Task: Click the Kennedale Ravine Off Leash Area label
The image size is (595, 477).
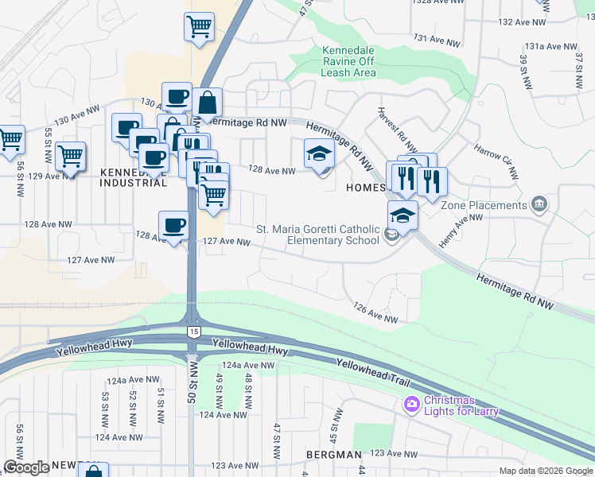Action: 348,61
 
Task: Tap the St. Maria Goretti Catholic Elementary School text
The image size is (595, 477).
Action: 317,235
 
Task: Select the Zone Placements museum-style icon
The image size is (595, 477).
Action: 540,204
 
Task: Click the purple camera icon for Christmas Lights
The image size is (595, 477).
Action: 411,405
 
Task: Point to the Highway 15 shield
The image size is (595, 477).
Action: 192,330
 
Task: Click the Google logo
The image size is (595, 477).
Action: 25,467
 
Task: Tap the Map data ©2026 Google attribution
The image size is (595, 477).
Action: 545,471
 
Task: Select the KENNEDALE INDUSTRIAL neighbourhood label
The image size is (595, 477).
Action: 133,177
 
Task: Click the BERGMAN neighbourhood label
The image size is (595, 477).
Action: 333,454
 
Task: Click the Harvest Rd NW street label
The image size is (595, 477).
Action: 397,130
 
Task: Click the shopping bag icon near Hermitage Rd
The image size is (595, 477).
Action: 207,103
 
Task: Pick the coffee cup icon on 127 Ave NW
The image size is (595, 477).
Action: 174,226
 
